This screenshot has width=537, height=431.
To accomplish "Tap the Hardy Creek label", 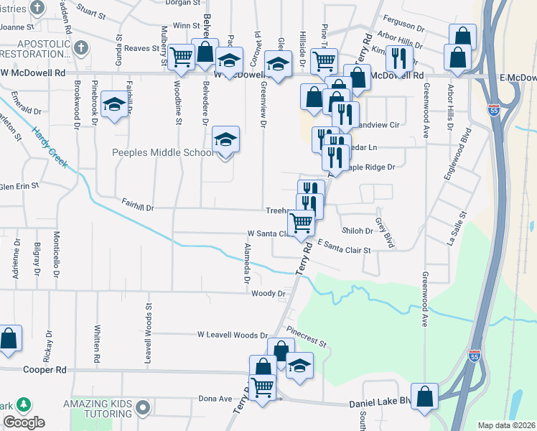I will [50, 148].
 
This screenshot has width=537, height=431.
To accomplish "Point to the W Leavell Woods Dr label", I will [233, 335].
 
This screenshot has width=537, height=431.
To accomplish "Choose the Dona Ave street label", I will [215, 399].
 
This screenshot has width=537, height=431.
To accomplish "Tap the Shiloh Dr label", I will [358, 231].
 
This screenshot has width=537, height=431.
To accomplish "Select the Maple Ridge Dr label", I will [371, 167].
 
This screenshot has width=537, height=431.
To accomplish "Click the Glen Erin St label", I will [19, 185].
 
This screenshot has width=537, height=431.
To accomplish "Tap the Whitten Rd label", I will [97, 343].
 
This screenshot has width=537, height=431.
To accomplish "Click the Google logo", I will [24, 422].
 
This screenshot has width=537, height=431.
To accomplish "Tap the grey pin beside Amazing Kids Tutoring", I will [142, 407].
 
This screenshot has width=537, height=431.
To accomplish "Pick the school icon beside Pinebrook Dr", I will [114, 105].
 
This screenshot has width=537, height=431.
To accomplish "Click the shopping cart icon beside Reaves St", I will [182, 55].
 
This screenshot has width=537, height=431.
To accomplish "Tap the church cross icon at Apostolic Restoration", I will [81, 48].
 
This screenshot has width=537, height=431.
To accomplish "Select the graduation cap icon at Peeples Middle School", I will [225, 139].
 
